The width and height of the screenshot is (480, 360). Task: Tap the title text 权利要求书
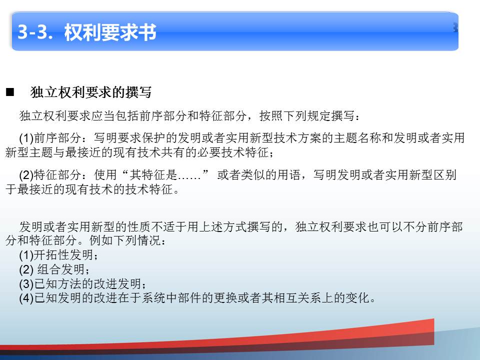coord(110,32)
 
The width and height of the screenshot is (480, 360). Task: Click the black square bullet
coord(10,92)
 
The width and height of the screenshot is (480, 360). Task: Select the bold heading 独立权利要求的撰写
coord(91,92)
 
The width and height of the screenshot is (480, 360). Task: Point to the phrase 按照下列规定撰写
coord(306,115)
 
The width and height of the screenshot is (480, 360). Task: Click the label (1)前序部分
coord(50,138)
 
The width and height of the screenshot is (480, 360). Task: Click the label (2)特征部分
coord(50,175)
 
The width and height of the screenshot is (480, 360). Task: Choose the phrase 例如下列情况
coord(125,240)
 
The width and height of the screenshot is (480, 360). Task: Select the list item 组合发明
coord(60,269)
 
